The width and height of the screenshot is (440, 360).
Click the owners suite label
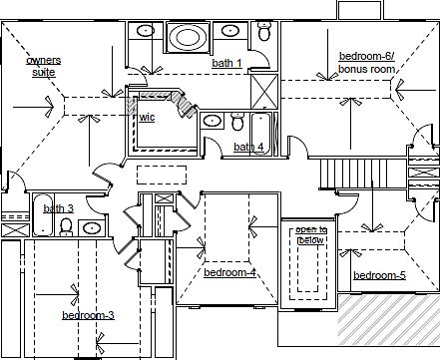coord(44,67)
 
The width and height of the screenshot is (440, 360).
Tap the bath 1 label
coord(226,63)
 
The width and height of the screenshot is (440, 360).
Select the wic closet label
coord(147,117)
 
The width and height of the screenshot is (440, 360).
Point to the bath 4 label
coord(248,147)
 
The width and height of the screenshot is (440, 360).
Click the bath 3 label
coord(59,208)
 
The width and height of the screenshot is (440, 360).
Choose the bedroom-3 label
coord(88,315)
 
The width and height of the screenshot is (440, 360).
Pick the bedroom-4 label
coord(229,272)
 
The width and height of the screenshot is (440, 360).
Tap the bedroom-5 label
coord(379,275)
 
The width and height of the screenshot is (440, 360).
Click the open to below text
coord(311,234)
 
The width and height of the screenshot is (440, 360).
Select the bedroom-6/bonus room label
coord(367,63)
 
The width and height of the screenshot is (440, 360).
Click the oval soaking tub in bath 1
coord(188,37)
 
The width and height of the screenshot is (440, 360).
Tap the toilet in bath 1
coord(264,31)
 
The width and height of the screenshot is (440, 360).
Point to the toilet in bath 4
coord(237,122)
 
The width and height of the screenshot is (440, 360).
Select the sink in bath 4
coord(212,121)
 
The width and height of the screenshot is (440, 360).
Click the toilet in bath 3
coord(66,227)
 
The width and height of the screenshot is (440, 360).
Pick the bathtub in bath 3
coord(43,215)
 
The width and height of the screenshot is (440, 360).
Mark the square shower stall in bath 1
coord(264,91)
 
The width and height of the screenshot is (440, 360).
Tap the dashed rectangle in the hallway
coord(162,175)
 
